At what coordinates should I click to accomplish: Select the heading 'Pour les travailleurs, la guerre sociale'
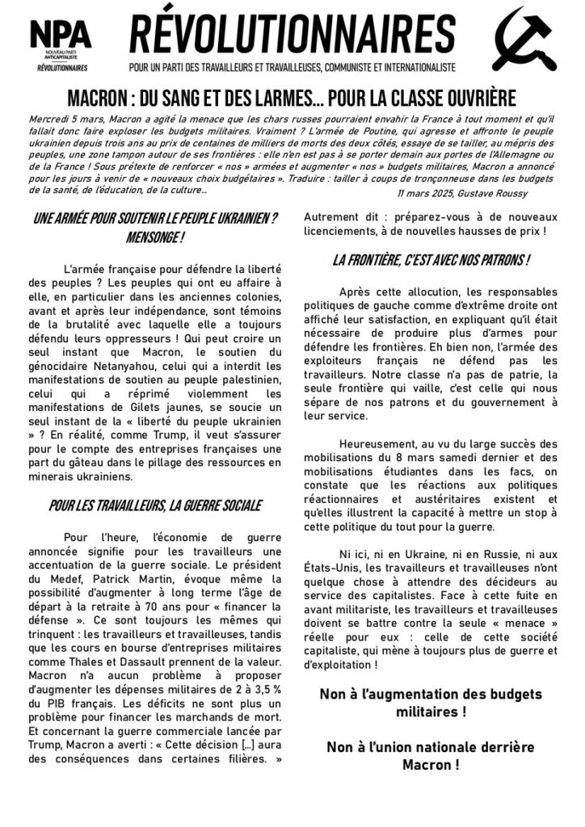pos(154,506)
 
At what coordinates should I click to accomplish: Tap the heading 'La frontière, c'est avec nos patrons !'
pos(431,260)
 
